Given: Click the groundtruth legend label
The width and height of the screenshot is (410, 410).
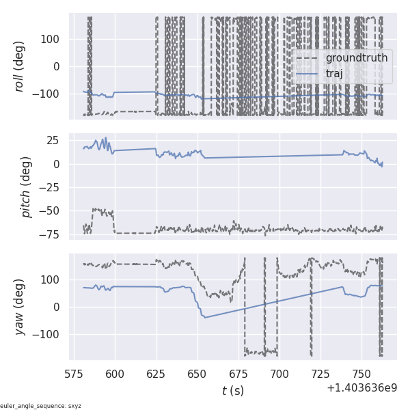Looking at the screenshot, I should (356, 58).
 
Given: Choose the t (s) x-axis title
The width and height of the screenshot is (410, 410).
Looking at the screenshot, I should (232, 391).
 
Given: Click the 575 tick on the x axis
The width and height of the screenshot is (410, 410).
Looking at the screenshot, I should (74, 374).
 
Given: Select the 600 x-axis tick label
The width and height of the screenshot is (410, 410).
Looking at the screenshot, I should (115, 374).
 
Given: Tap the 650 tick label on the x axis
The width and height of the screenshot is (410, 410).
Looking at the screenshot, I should (197, 374).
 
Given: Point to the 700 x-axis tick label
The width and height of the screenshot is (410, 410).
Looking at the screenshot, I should (279, 374).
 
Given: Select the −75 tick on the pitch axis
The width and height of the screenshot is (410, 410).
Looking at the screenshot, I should (52, 234).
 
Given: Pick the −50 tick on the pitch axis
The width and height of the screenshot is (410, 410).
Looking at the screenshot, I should (52, 210).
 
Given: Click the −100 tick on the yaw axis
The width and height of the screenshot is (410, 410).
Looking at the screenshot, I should (49, 334).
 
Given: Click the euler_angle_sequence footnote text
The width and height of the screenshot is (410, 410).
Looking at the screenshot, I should (41, 406).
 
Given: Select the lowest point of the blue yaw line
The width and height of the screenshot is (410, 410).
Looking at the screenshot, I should (205, 318).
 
